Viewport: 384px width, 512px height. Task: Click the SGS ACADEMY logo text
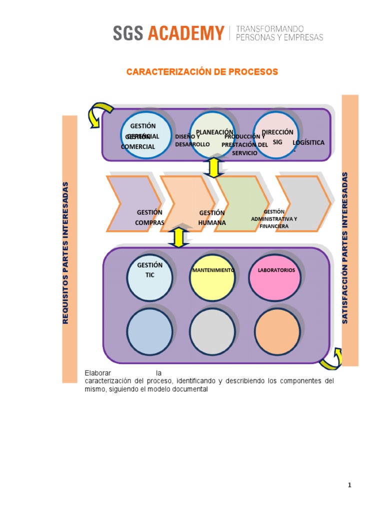point(168,33)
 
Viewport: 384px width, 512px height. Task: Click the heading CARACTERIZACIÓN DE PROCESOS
point(201,72)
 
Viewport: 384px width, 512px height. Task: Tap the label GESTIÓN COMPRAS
point(149,217)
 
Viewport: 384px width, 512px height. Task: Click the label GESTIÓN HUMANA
point(212,218)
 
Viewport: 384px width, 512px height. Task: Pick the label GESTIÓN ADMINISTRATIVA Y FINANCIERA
point(274,219)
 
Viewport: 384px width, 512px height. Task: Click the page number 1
point(350,485)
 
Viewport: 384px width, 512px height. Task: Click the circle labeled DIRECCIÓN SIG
point(277,134)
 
